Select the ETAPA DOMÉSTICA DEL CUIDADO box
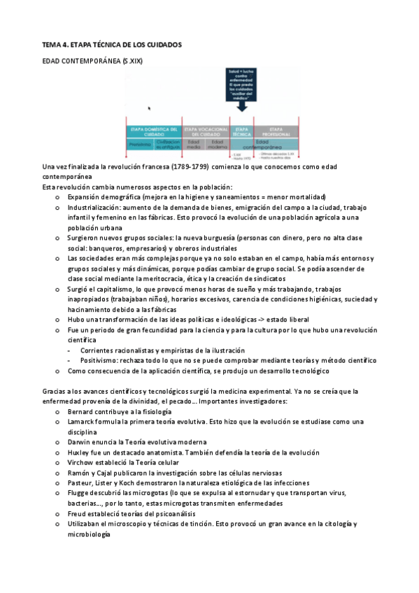point(152,131)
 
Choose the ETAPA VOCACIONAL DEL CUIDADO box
point(206,131)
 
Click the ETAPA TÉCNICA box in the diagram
point(242,131)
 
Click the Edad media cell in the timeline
point(194,143)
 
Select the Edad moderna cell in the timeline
point(218,143)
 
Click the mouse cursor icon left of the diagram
point(149,108)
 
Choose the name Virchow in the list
point(81,462)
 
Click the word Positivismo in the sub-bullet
point(101,359)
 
